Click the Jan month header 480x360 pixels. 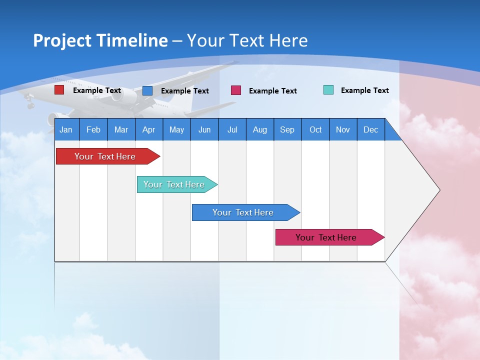pyautogui.click(x=66, y=129)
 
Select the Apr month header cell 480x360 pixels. pyautogui.click(x=149, y=129)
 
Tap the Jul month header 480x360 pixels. pyautogui.click(x=232, y=129)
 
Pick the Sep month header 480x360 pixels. pyautogui.click(x=287, y=129)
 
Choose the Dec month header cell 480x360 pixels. pyautogui.click(x=370, y=129)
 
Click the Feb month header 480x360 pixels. pyautogui.click(x=93, y=129)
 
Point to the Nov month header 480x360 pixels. pyautogui.click(x=342, y=129)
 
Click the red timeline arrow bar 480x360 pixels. pyautogui.click(x=105, y=156)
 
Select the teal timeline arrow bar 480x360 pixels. pyautogui.click(x=174, y=184)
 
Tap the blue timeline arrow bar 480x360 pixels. pyautogui.click(x=243, y=212)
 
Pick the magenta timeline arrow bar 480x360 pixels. pyautogui.click(x=326, y=237)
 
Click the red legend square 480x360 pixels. pyautogui.click(x=59, y=90)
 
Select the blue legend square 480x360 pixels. pyautogui.click(x=147, y=90)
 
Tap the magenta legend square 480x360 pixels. pyautogui.click(x=236, y=90)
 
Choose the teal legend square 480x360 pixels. pyautogui.click(x=328, y=90)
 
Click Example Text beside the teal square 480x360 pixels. pyautogui.click(x=364, y=90)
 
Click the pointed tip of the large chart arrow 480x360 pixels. pyautogui.click(x=439, y=190)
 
